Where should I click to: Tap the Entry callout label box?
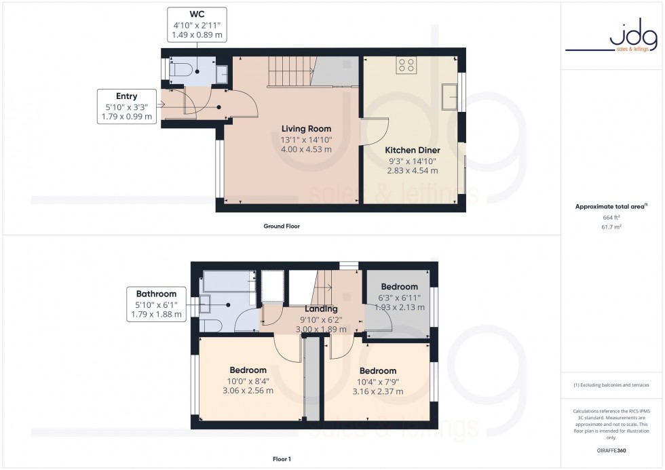coord(126,107)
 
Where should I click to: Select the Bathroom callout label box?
coord(156,304)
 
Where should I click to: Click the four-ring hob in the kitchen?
coord(407,66)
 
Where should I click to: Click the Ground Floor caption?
coord(282,227)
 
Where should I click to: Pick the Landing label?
coord(321,309)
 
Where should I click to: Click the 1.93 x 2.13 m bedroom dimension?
coord(400,307)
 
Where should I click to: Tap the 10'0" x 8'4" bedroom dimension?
coord(248,380)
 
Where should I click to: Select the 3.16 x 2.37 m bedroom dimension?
coord(378,391)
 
